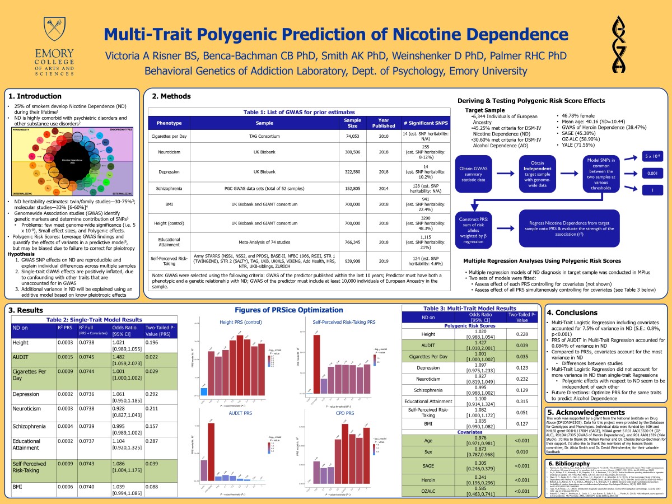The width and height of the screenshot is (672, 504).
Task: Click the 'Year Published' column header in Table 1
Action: pos(384,122)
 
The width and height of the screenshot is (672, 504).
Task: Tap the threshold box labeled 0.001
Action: pos(652,174)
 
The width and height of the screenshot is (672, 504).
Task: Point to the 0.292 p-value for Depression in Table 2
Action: pos(153,394)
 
